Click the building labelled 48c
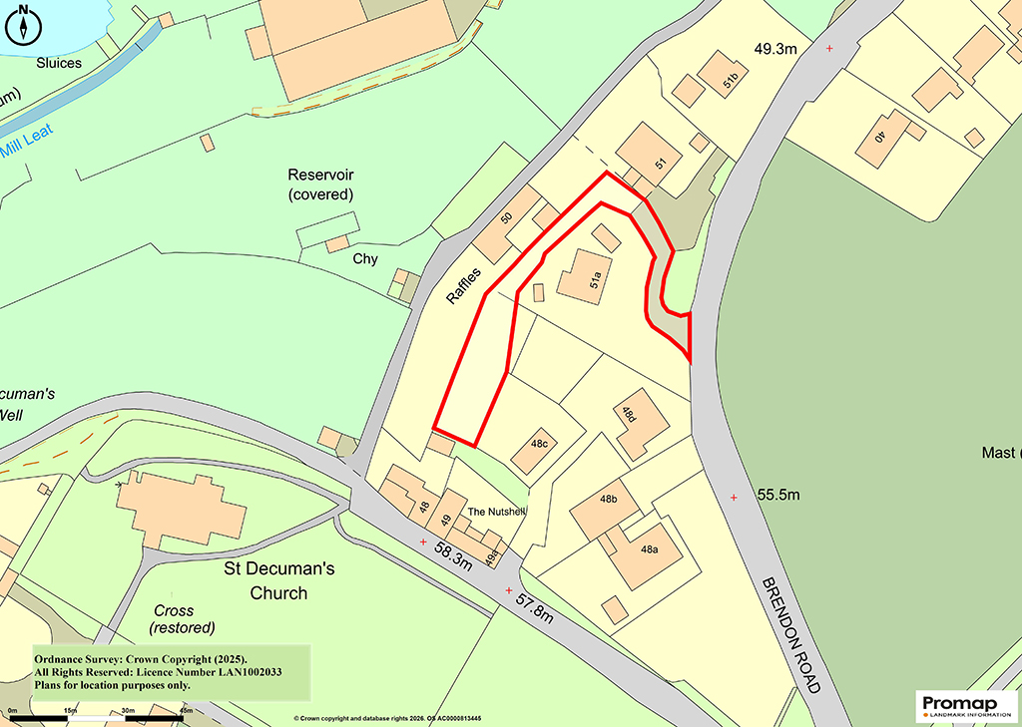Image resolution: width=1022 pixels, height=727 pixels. (534, 451)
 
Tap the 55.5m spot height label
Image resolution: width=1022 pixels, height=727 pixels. (779, 495)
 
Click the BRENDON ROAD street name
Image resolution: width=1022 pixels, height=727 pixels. (791, 635)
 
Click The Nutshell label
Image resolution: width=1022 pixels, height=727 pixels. (496, 513)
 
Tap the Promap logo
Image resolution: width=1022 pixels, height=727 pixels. (964, 706)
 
